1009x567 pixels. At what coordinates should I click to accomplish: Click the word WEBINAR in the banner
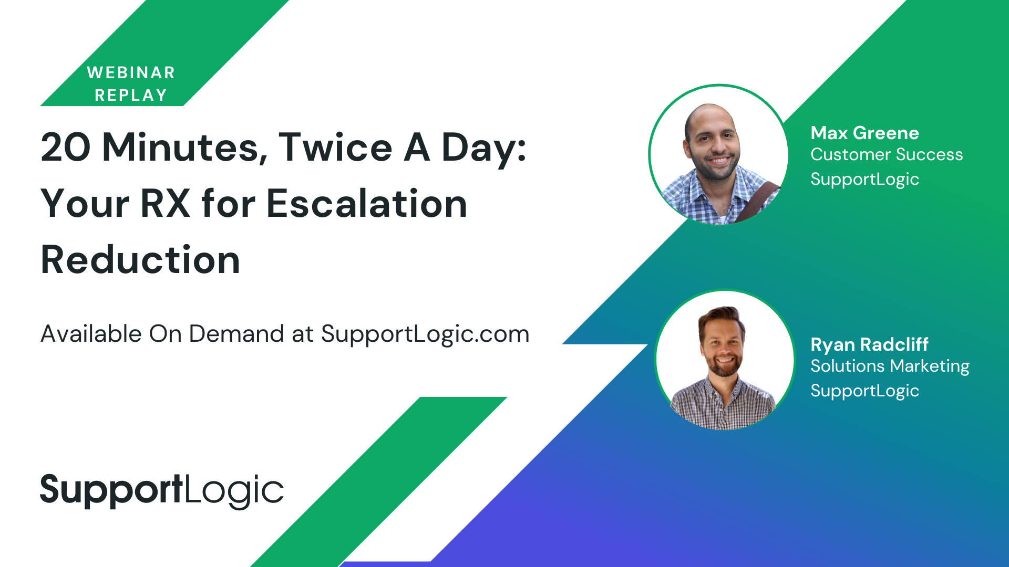coord(131,72)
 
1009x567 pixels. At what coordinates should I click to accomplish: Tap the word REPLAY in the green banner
coord(131,95)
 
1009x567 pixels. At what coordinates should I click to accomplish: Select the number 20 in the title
coord(66,148)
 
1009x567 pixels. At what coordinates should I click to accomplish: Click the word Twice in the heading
coord(335,148)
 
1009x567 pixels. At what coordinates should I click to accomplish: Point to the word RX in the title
coord(166,204)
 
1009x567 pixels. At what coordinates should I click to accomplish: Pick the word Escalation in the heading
coord(367,204)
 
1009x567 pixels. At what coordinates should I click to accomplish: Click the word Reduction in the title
coord(140,260)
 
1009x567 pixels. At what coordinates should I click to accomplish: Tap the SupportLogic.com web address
coord(425,334)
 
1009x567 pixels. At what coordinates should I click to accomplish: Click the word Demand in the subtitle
coord(236,334)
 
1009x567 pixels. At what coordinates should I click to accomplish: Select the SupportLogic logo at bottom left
coord(162,490)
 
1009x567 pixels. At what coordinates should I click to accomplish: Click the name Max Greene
coord(864,133)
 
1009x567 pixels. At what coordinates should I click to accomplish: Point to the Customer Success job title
coord(887,155)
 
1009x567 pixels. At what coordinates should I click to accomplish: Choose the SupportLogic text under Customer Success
coord(864,180)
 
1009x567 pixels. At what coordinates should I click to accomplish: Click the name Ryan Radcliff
coord(869,344)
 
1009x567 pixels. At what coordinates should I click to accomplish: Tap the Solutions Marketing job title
coord(890,366)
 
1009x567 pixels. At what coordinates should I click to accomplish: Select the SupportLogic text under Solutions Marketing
coord(864,391)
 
